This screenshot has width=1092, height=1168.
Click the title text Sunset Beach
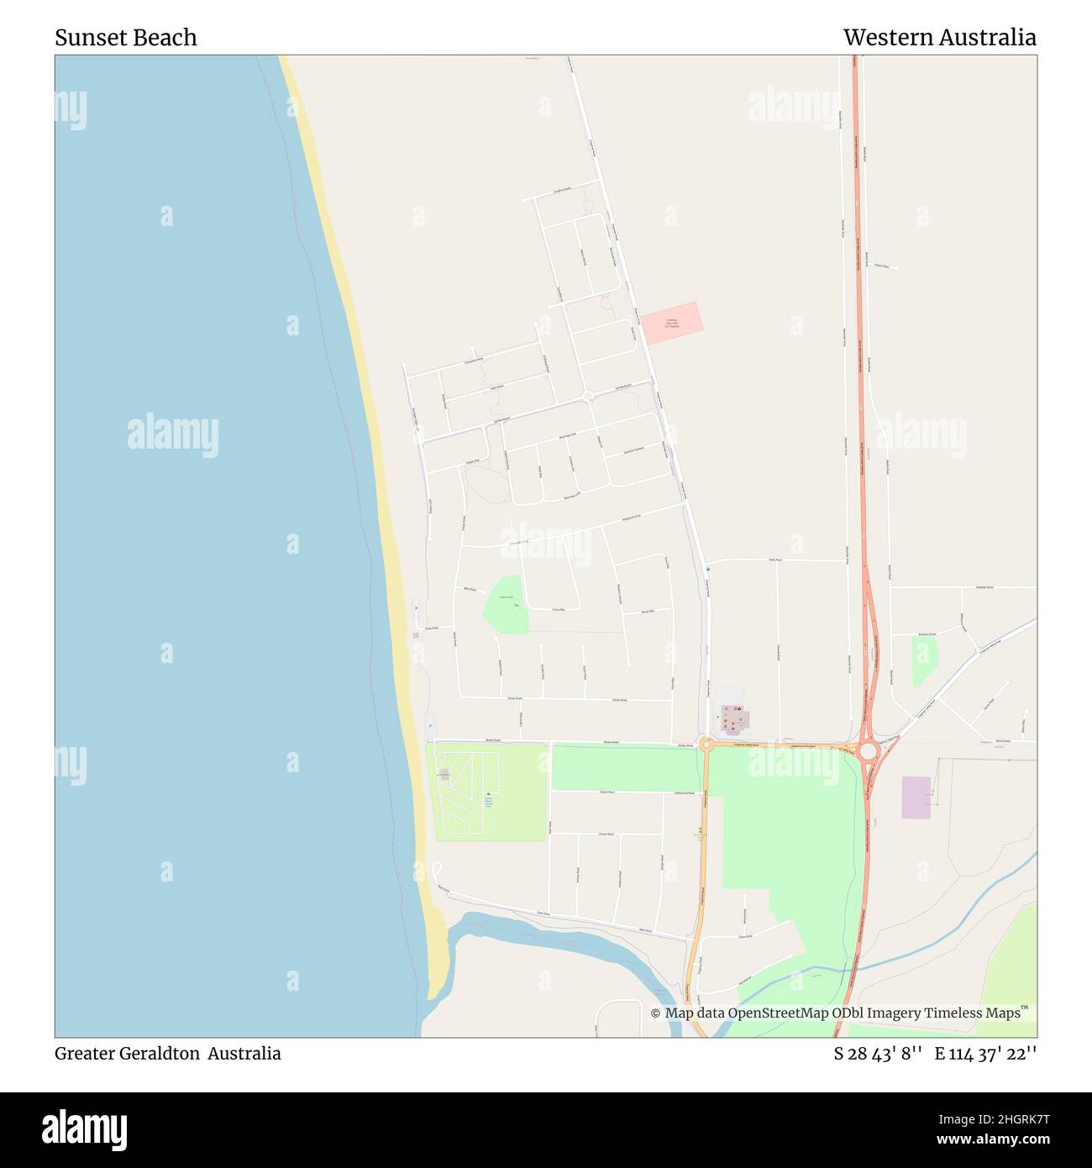126,38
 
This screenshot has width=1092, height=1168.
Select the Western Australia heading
939,38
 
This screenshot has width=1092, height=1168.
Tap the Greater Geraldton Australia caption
168,1053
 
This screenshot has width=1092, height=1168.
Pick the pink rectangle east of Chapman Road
671,323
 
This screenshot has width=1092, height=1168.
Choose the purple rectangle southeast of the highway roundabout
916,797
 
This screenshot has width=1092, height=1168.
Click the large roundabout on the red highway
868,747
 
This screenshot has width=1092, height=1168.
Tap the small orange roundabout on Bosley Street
706,744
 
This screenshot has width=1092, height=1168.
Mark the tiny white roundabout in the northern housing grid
588,395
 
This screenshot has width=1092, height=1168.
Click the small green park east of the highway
923,660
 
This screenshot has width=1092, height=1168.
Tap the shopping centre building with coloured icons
734,718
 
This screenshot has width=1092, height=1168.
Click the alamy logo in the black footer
85,1129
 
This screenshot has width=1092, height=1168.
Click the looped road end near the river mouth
436,868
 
